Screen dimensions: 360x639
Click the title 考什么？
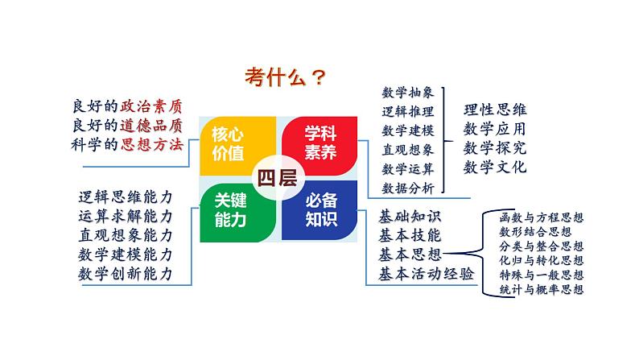(x=286, y=77)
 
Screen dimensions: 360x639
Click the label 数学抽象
(x=408, y=93)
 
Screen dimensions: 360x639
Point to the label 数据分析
(x=408, y=188)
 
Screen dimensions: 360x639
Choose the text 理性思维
(x=495, y=110)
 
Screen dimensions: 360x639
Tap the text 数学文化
(x=495, y=168)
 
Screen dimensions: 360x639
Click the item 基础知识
(x=409, y=217)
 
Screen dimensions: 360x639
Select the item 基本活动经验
(x=426, y=274)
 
